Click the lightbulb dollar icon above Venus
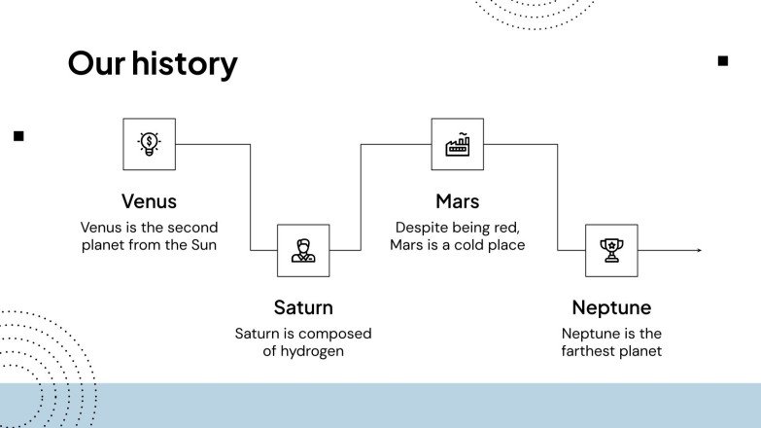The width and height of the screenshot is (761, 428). click(149, 144)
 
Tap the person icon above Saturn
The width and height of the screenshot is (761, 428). click(303, 251)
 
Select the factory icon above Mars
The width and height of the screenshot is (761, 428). click(457, 144)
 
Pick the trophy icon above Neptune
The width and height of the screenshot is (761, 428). click(611, 251)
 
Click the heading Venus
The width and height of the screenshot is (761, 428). click(149, 201)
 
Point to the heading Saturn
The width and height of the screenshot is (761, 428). click(303, 307)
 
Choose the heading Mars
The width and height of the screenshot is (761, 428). click(457, 201)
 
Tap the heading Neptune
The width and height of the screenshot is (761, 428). click(611, 307)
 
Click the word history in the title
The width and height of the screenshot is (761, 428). click(185, 63)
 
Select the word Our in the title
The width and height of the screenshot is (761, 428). click(96, 63)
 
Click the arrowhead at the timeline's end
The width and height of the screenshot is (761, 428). click(698, 251)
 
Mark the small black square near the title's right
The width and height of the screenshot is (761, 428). click(722, 60)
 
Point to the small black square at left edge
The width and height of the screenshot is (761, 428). click(18, 136)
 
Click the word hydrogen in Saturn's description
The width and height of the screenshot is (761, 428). click(313, 351)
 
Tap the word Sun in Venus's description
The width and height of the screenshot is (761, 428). click(202, 245)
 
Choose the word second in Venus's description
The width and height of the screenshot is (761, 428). click(192, 227)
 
